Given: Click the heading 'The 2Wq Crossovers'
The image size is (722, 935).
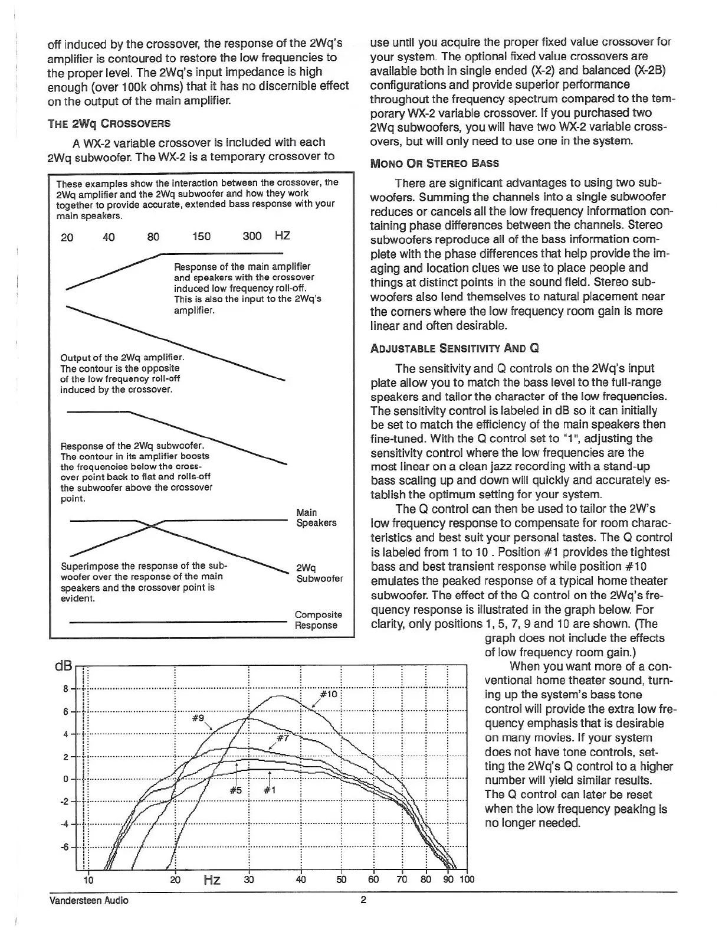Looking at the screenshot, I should pos(109,123).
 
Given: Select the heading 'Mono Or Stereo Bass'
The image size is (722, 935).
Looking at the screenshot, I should pos(434,164).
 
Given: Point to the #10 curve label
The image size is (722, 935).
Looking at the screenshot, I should pos(328,694).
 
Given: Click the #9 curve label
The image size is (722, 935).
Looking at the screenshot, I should pos(198,718).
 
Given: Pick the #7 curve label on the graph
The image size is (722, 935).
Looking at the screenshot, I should pos(283,738).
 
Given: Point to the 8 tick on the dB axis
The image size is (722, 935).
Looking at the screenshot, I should pos(66,688).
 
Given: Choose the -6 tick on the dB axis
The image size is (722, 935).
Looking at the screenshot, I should pos(65,848).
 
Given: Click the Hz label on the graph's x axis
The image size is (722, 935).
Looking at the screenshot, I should pos(212,881).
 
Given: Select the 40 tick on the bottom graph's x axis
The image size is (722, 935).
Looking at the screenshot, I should pos(300,880).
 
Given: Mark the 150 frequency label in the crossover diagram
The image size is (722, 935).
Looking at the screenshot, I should pos(201,237).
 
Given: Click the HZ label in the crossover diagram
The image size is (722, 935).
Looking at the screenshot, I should pos(282,236).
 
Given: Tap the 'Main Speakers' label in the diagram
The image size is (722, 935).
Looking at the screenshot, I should pos(316,518).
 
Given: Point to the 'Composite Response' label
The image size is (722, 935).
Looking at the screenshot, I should pos(318,620).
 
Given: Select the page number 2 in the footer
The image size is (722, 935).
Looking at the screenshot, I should pos(363,900).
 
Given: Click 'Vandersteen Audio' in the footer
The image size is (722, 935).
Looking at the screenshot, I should pos(88,900).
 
